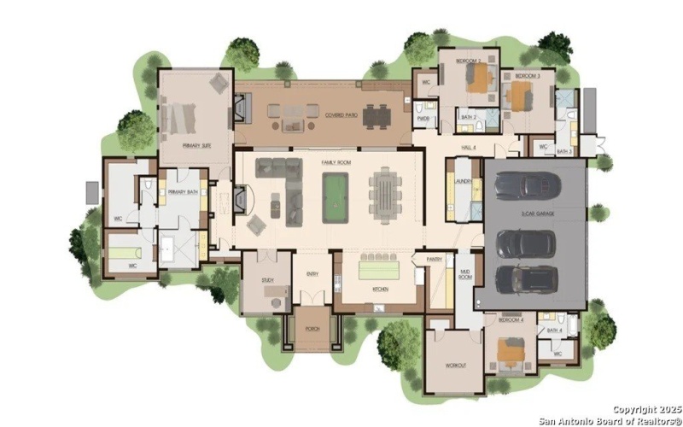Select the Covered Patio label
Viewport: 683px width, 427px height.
coord(341,114)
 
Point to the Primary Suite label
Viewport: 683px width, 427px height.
coord(196,146)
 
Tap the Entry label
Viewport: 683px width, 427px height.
coord(312,274)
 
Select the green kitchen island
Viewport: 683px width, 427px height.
coord(379,270)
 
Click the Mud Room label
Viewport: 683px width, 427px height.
coord(466,275)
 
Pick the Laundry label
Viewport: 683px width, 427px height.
coord(464,182)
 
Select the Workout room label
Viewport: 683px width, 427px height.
coord(455,365)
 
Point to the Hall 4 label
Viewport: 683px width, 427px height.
coord(469,148)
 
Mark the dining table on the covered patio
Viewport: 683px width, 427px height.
coord(376,114)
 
